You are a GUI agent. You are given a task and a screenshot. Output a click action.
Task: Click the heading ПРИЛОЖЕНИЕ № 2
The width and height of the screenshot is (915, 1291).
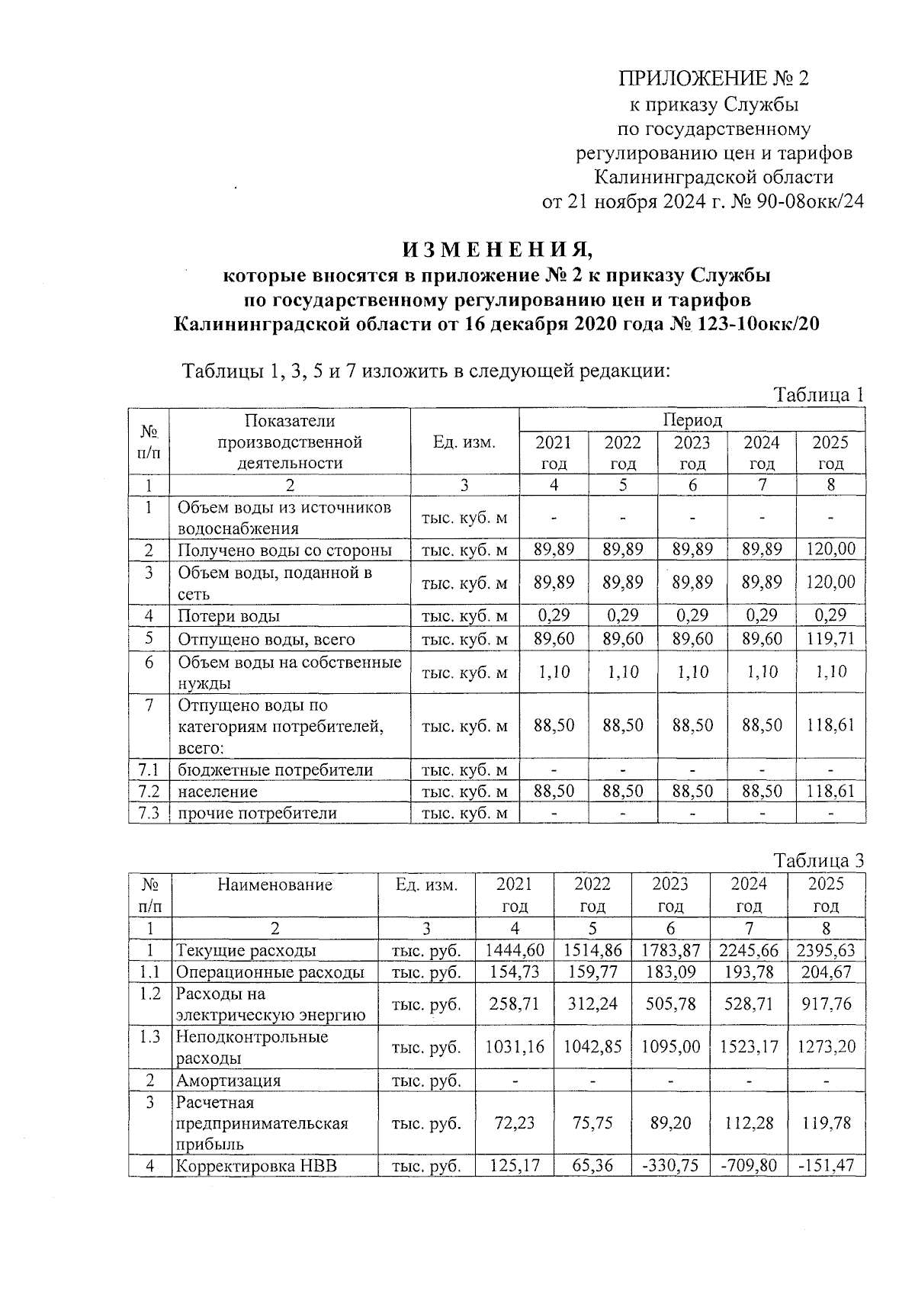click(x=713, y=79)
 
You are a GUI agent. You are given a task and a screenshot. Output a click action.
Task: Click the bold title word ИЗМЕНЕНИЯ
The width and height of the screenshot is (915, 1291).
click(x=497, y=249)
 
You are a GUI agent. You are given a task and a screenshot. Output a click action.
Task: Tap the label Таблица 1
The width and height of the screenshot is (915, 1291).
click(x=819, y=395)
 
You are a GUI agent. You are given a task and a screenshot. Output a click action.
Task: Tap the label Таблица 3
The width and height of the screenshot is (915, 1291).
click(x=819, y=861)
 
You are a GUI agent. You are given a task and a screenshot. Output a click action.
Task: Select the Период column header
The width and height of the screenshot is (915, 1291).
click(x=692, y=420)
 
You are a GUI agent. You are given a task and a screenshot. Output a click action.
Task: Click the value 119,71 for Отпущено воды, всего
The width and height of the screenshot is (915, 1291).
click(x=830, y=639)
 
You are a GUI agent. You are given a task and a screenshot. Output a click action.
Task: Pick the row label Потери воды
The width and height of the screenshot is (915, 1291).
click(x=229, y=616)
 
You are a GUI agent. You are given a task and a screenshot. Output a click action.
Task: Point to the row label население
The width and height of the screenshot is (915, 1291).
click(x=217, y=792)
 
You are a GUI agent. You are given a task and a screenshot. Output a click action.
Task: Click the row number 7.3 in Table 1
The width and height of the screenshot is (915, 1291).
click(x=149, y=813)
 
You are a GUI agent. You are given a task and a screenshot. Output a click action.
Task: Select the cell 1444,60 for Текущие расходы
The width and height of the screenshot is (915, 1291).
click(x=515, y=950)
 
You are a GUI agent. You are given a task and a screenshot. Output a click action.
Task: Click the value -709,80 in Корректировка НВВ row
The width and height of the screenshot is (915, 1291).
click(x=748, y=1165)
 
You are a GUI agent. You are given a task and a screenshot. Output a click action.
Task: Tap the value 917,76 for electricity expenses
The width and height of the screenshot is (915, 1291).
click(x=826, y=1004)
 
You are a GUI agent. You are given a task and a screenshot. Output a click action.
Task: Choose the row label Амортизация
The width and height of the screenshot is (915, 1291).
click(x=228, y=1081)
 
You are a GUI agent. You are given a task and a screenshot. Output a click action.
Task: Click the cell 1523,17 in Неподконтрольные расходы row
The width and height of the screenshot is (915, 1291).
click(x=748, y=1047)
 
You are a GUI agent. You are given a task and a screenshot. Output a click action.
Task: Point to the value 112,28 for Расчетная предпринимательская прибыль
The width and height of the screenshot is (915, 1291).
click(x=748, y=1122)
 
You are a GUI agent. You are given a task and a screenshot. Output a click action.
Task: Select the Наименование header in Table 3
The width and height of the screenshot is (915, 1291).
click(x=274, y=885)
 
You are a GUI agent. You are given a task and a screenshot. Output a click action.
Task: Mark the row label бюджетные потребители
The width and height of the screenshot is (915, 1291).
click(x=275, y=770)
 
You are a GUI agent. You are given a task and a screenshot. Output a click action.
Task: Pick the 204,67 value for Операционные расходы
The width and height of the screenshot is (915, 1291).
click(x=826, y=972)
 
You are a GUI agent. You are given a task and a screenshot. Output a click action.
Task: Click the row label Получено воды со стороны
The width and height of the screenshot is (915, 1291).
click(x=284, y=550)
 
